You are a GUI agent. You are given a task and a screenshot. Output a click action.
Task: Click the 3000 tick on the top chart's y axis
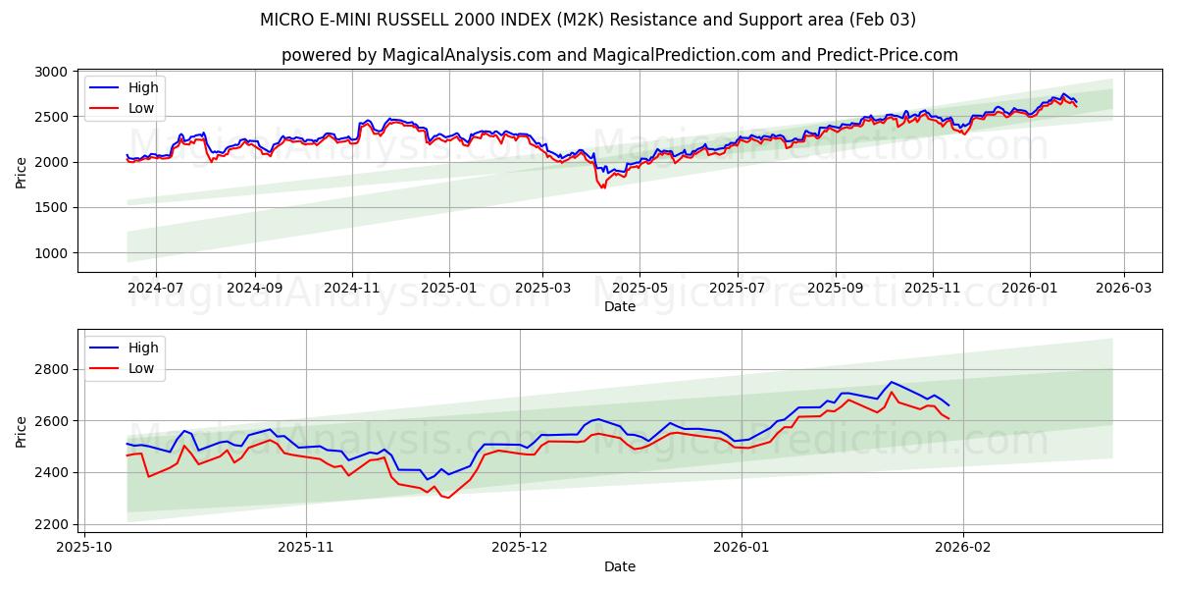click(51, 72)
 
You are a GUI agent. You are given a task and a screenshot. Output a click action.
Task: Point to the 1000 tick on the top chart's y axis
click(51, 252)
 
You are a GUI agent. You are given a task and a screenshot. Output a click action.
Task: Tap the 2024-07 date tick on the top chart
click(156, 289)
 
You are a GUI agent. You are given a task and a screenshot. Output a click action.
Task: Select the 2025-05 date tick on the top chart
click(640, 289)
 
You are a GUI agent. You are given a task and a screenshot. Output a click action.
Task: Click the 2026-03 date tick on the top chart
click(1123, 289)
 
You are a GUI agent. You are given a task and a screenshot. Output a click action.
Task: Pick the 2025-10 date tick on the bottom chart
click(83, 547)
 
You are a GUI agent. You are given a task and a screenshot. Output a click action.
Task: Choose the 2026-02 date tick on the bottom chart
click(963, 547)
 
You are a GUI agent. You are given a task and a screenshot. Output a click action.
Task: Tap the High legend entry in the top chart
click(142, 87)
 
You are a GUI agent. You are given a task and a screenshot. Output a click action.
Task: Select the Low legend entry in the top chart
click(142, 108)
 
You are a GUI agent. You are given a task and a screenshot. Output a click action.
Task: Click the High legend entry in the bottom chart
click(142, 348)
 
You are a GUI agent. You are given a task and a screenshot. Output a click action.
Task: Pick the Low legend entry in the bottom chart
click(142, 368)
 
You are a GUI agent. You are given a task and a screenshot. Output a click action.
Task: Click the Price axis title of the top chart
click(22, 171)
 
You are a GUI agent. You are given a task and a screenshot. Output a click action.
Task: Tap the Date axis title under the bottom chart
click(620, 566)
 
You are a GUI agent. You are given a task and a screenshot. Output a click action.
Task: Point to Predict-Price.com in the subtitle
click(897, 55)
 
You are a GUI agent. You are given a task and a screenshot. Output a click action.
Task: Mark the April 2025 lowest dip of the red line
click(602, 187)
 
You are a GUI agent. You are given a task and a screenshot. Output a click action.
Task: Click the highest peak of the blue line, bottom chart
click(891, 382)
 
